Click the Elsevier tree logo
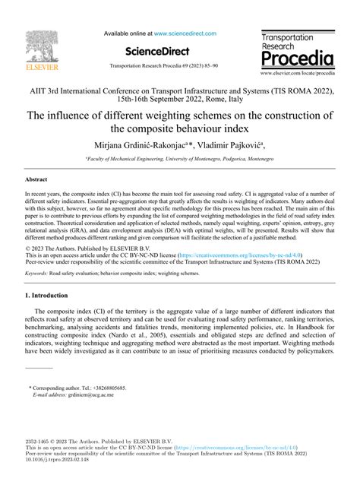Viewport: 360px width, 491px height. point(31,45)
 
